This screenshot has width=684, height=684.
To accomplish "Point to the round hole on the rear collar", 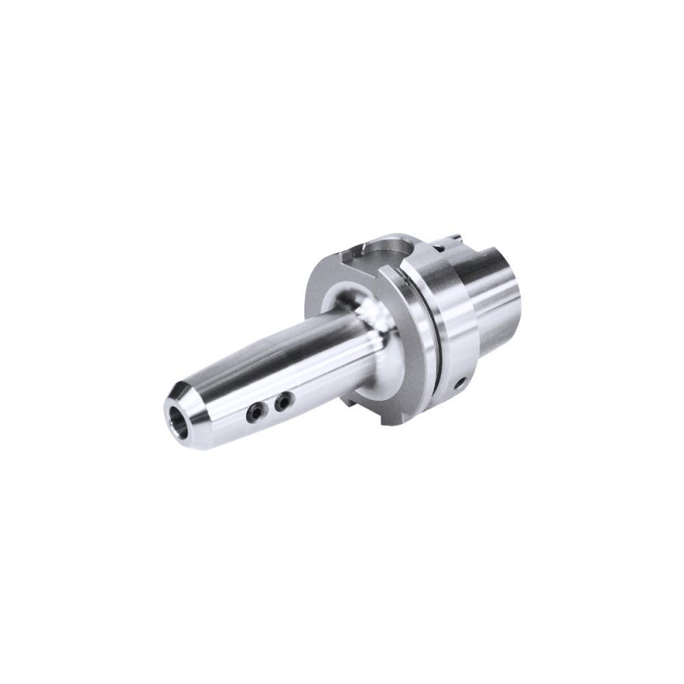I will pos(460,384).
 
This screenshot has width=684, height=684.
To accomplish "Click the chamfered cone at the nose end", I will pos(183,402).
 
